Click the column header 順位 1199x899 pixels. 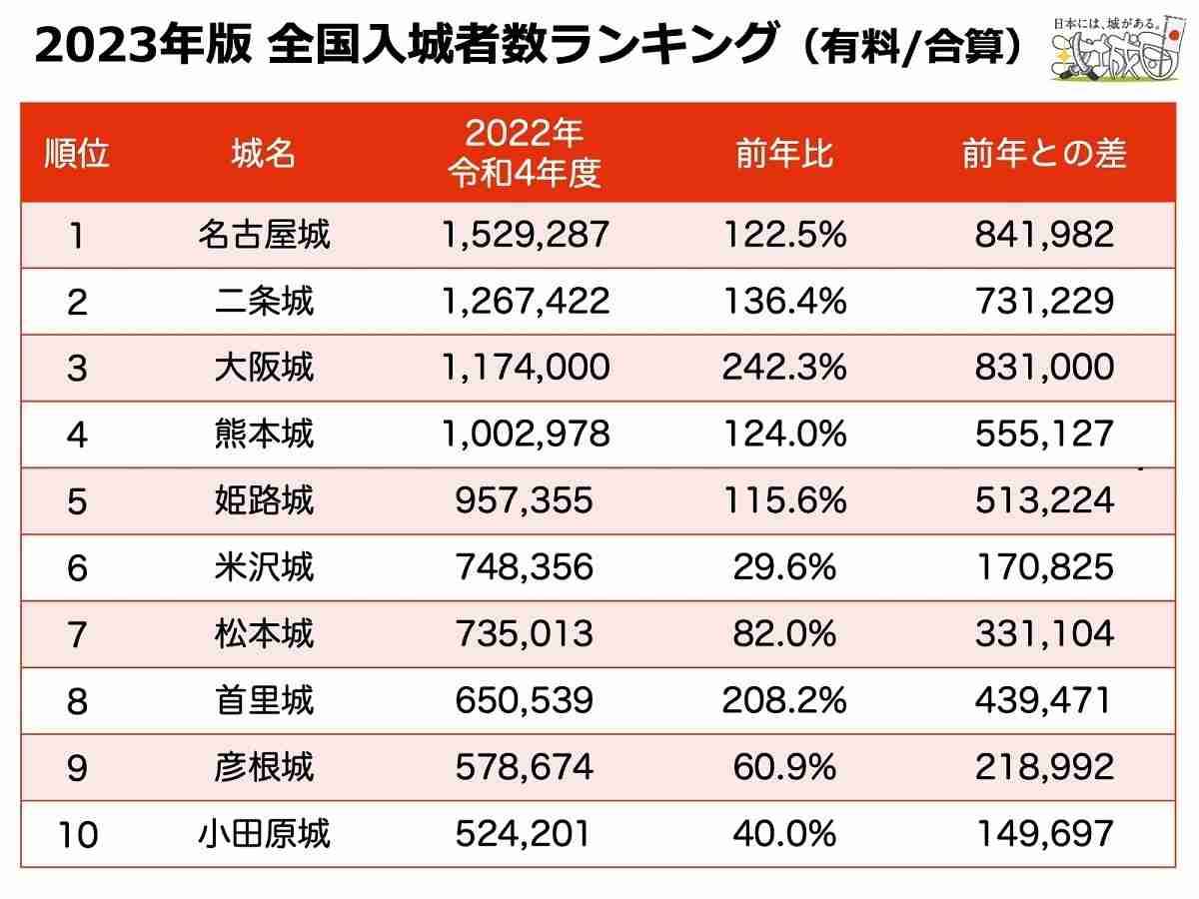pos(77,154)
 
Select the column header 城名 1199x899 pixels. pos(263,154)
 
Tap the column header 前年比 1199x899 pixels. pos(783,154)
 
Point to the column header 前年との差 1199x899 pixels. pos(1044,154)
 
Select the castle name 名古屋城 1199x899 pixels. pos(263,235)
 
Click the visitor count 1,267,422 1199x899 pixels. pos(524,301)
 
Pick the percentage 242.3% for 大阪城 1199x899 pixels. pos(783,367)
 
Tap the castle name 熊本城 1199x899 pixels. pos(263,434)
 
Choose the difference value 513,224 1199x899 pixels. pos(1044,499)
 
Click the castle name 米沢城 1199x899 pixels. pos(263,566)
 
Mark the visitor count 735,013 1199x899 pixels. pos(524,633)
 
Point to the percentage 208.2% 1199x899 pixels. pos(783,699)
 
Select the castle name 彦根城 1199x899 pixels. pos(263,766)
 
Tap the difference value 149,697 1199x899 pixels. pos(1044,832)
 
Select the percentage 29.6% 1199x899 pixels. pos(783,566)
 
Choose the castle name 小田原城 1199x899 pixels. pos(263,832)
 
